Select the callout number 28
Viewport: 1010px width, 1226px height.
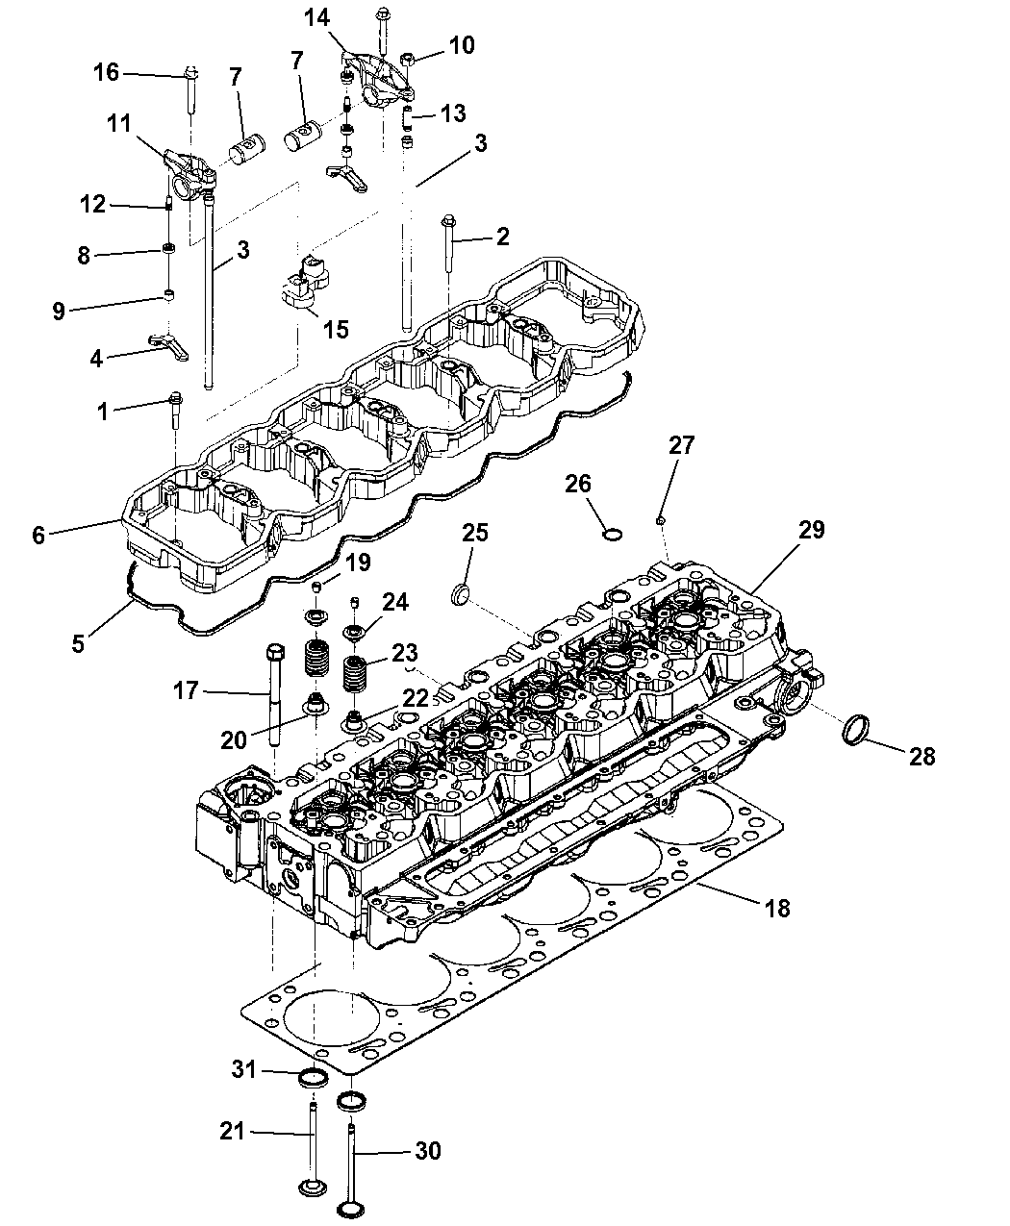tap(922, 756)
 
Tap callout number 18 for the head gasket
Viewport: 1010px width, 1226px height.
tap(776, 907)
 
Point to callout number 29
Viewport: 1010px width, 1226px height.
tap(811, 530)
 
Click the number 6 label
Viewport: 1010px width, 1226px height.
tap(38, 535)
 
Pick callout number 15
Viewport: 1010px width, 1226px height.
tap(335, 329)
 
